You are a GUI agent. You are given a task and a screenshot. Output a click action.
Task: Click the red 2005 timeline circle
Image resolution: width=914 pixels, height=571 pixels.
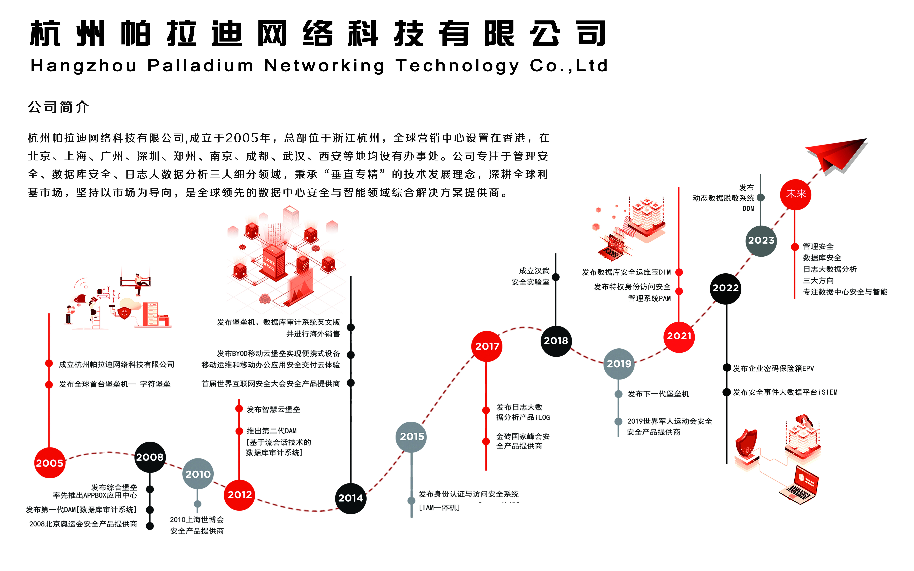[50, 463]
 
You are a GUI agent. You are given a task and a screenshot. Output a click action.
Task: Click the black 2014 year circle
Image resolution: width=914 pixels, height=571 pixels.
[351, 498]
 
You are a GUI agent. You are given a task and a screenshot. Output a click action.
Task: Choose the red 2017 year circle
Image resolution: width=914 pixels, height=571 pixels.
[487, 346]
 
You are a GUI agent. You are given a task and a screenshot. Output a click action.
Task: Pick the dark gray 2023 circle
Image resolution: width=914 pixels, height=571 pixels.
[761, 241]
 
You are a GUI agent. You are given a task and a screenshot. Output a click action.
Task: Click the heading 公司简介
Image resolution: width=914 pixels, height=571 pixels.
[59, 107]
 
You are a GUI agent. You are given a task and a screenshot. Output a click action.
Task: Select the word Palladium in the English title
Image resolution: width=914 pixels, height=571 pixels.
[200, 66]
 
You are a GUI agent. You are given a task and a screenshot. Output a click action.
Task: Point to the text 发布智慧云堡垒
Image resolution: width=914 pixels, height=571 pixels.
[273, 409]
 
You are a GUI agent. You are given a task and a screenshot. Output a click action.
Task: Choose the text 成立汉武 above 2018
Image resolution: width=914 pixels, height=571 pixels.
[534, 271]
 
